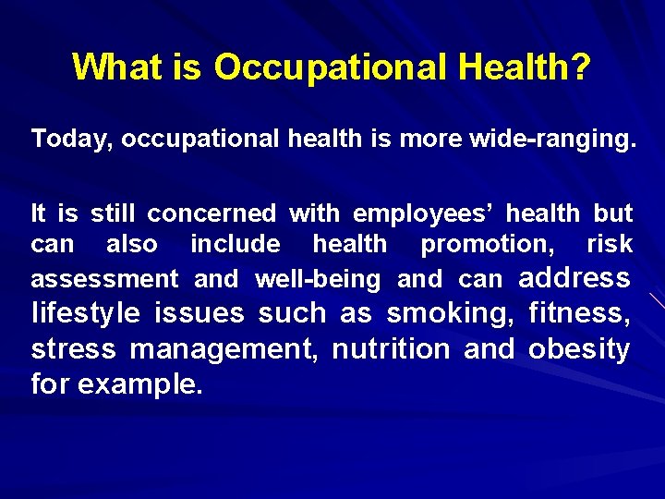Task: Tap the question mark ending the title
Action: pyautogui.click(x=582, y=67)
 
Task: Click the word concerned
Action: pyautogui.click(x=212, y=214)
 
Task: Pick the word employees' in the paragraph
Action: pyautogui.click(x=429, y=214)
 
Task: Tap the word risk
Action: pyautogui.click(x=610, y=245)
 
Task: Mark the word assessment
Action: pyautogui.click(x=104, y=279)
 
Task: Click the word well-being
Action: pyautogui.click(x=318, y=279)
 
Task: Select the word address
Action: pyautogui.click(x=574, y=278)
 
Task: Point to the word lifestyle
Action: pyautogui.click(x=86, y=314)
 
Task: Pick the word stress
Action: pyautogui.click(x=74, y=350)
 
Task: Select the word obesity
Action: pyautogui.click(x=579, y=350)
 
